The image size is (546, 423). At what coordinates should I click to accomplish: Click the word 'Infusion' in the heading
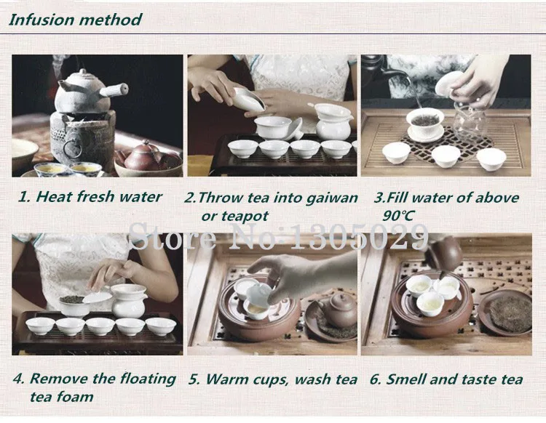(x=41, y=20)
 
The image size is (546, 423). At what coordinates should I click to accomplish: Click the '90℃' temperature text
(x=398, y=216)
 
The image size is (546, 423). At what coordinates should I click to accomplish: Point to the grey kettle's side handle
(x=114, y=89)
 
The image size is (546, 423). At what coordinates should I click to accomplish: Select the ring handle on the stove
(x=72, y=148)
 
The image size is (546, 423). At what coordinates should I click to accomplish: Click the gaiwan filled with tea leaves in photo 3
(x=425, y=124)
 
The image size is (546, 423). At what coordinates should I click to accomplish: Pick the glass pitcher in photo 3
(x=469, y=120)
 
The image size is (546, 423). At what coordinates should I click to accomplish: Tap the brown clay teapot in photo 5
(x=338, y=309)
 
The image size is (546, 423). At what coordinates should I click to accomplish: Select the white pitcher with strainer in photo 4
(x=129, y=301)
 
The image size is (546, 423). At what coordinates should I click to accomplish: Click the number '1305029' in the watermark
(x=359, y=237)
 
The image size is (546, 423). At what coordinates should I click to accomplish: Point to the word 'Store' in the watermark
(x=173, y=237)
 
